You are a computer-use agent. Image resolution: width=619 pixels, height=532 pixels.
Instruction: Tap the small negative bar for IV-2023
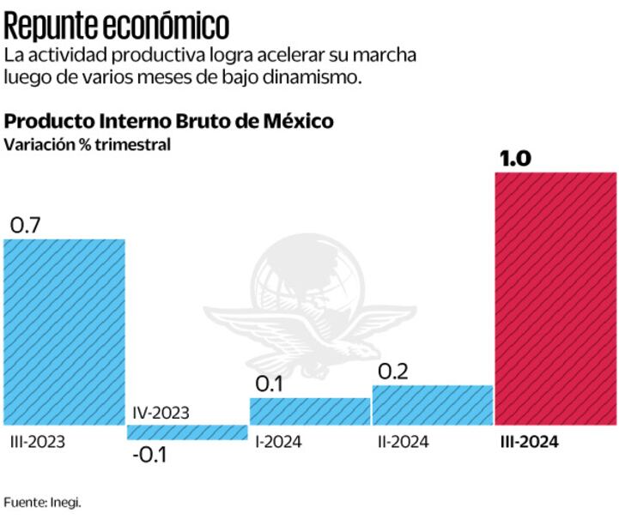pos(187,432)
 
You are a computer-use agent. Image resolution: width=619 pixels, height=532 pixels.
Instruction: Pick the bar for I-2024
pos(310,411)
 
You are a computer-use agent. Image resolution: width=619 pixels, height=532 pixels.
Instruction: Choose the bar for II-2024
pos(432,405)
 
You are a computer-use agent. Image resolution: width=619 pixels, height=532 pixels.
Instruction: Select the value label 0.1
pos(270,384)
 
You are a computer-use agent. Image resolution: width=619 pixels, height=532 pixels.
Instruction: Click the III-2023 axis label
pos(38,442)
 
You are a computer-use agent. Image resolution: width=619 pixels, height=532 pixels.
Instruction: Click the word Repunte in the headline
pos(53,27)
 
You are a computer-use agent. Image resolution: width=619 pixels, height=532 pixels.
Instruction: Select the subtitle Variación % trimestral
pos(88,144)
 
